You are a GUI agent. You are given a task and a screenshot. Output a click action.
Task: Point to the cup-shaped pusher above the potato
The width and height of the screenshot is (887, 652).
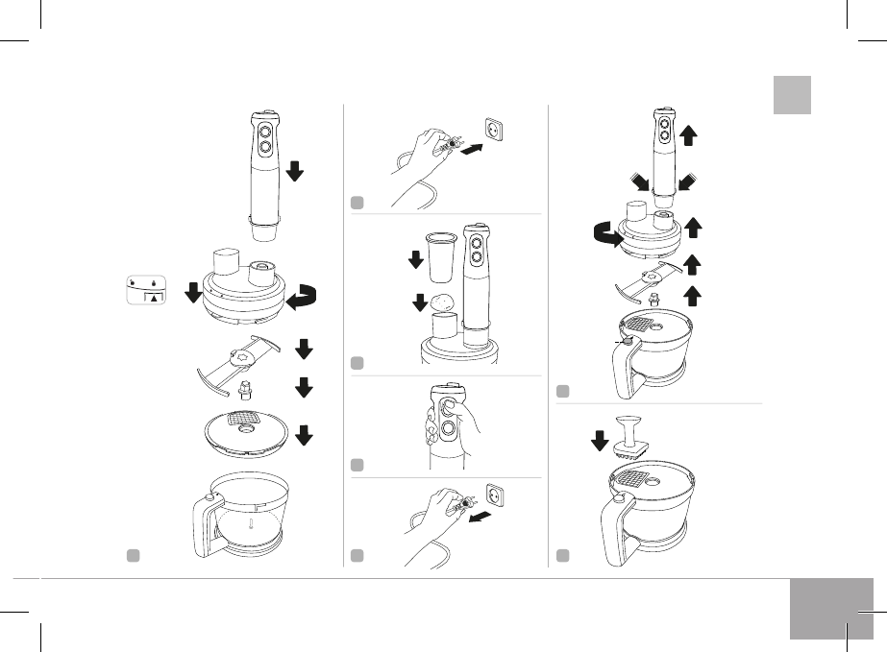click(441, 254)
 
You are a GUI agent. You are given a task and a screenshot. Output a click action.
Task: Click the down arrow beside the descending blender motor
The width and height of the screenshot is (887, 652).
click(294, 171)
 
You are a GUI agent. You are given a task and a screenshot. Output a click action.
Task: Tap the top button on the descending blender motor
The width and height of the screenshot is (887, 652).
click(263, 128)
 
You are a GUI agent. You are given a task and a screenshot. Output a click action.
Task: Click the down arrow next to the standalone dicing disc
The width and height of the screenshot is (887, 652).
click(304, 436)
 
